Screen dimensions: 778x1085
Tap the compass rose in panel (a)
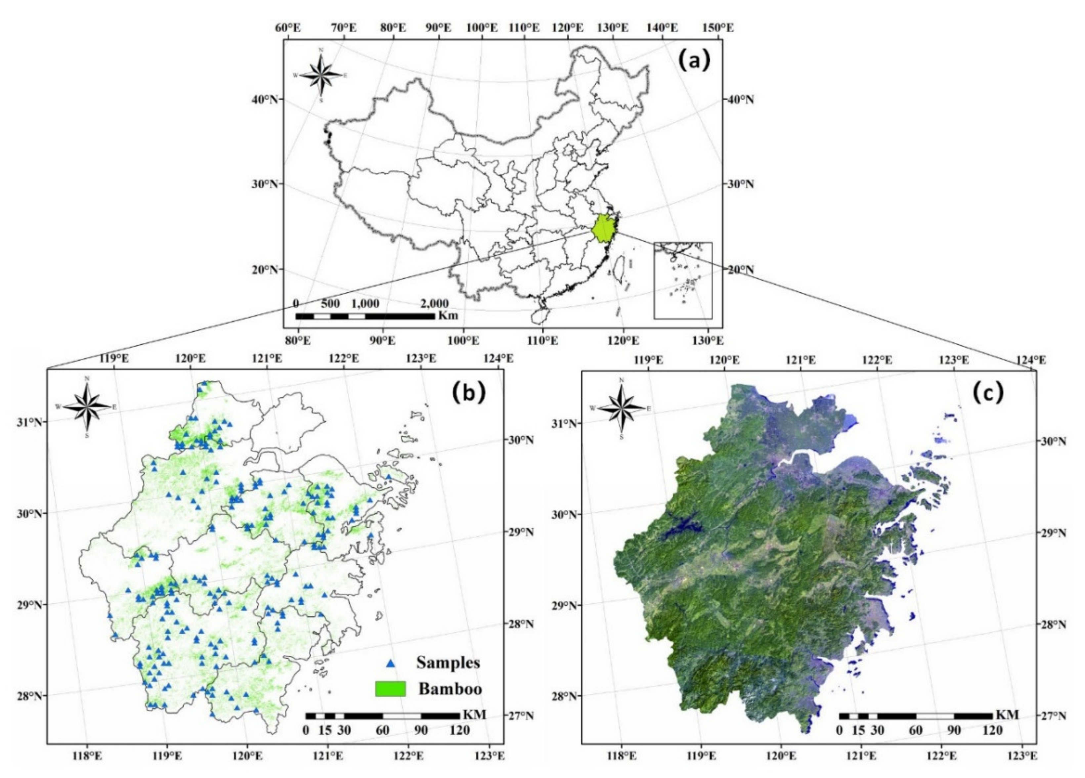[x=321, y=75]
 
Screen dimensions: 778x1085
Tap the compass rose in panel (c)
[x=622, y=408]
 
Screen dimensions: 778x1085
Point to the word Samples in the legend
[x=448, y=663]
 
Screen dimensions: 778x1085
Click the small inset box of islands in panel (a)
[x=683, y=281]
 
